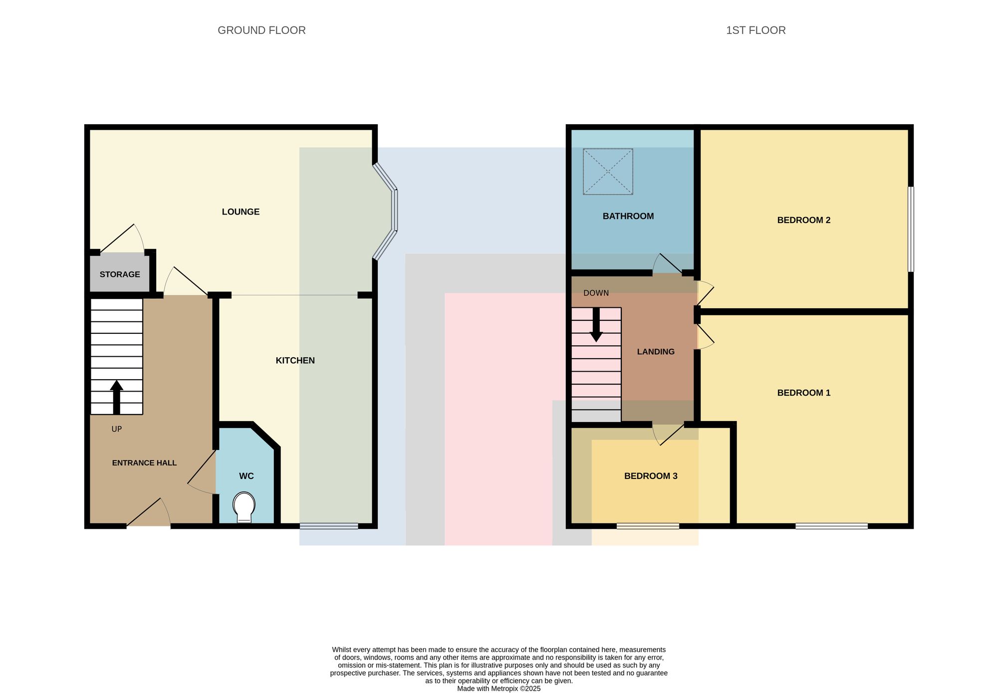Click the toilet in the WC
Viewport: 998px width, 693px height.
[x=244, y=507]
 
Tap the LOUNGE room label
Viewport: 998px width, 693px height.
[x=241, y=212]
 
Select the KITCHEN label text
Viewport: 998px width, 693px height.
[x=295, y=360]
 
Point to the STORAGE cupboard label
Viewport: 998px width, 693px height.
[x=120, y=274]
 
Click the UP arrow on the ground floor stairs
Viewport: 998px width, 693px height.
[x=116, y=397]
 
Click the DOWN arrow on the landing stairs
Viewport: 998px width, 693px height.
[x=596, y=325]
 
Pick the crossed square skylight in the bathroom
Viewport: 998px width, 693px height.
[x=608, y=172]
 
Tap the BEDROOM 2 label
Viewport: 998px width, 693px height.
[x=804, y=220]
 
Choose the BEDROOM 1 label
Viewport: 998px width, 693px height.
[x=804, y=393]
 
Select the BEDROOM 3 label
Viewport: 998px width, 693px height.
[x=651, y=476]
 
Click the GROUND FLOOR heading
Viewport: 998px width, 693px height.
[x=261, y=30]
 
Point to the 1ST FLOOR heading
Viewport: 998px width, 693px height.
[x=755, y=30]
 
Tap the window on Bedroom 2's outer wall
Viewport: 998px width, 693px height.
[x=911, y=229]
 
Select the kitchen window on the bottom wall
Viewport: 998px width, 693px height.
[x=329, y=526]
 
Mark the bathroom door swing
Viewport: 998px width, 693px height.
[x=667, y=263]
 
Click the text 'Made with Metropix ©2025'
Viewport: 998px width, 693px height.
[x=499, y=689]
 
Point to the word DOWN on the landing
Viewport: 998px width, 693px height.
[x=596, y=293]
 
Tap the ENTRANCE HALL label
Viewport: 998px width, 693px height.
[x=144, y=463]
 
